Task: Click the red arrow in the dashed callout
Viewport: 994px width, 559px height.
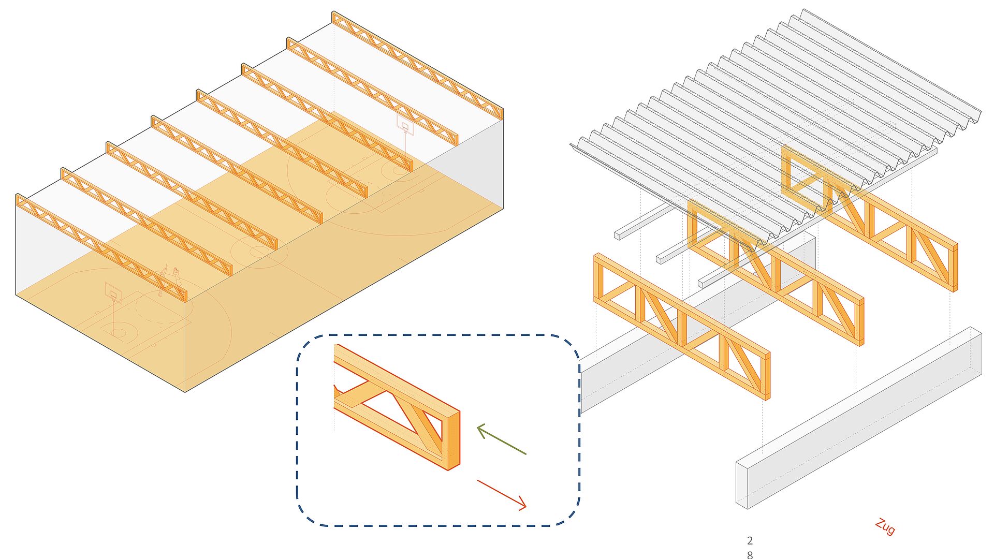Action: [x=502, y=494]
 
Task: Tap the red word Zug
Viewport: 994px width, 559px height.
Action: [x=885, y=526]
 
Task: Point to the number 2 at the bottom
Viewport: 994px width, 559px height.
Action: [x=750, y=540]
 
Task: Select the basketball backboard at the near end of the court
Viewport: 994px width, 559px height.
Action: [x=113, y=293]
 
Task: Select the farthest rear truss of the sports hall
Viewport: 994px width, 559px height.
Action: [x=417, y=65]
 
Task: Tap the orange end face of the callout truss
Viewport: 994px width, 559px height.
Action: [x=453, y=440]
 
